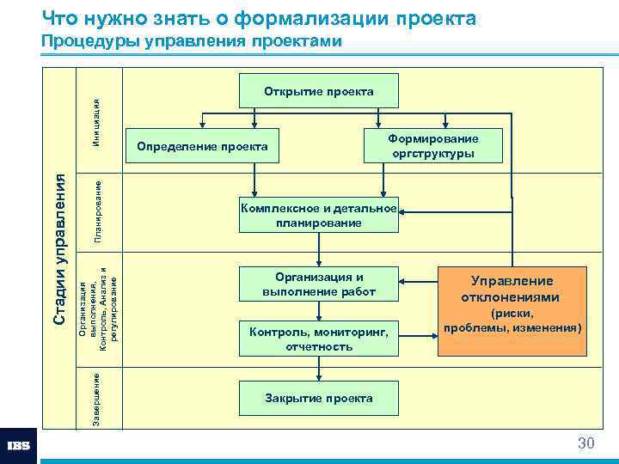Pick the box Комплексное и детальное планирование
pos(319,215)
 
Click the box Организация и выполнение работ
pos(319,284)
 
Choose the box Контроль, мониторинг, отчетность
pos(319,339)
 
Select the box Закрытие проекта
pos(319,398)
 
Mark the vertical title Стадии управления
pos(59,248)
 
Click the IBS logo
pos(19,446)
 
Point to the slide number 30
pos(585,443)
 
